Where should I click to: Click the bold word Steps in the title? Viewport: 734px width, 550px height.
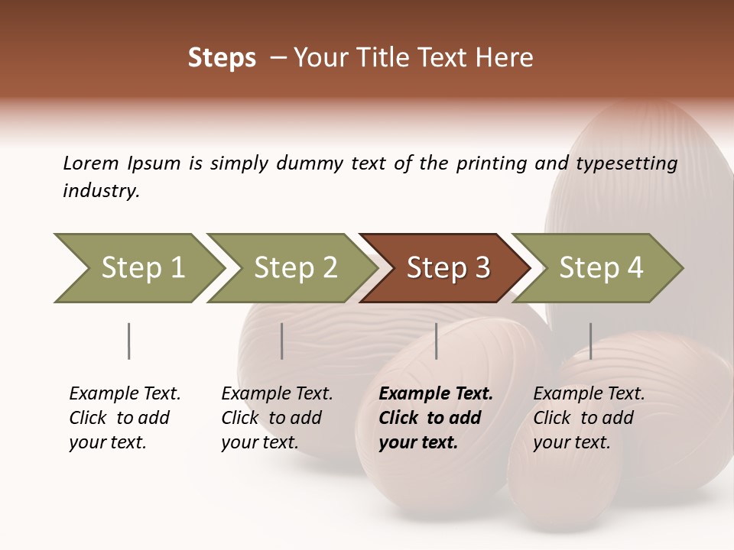(222, 58)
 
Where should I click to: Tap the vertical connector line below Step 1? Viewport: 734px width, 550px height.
(128, 341)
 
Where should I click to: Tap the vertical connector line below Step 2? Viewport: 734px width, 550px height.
(282, 341)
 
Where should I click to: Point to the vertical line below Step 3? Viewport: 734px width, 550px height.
(436, 341)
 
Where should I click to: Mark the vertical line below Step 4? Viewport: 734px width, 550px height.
(590, 341)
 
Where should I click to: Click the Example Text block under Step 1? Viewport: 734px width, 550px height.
(125, 418)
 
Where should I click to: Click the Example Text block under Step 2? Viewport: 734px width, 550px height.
(277, 418)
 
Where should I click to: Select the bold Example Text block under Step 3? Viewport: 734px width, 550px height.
(436, 418)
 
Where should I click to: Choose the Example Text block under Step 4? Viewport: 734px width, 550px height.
(589, 418)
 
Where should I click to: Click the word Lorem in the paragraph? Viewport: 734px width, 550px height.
(91, 163)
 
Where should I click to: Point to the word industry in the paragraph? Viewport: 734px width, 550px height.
(101, 191)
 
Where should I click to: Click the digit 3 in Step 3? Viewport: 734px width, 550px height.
(482, 268)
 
